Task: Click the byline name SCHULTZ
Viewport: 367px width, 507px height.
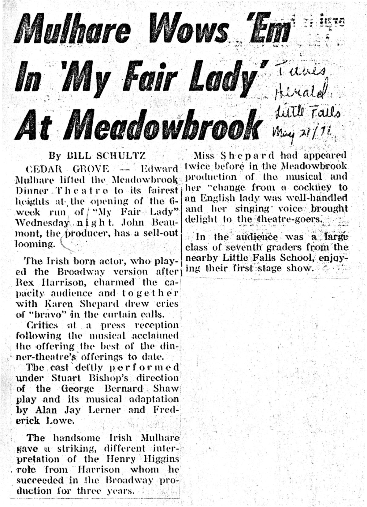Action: (x=120, y=156)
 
